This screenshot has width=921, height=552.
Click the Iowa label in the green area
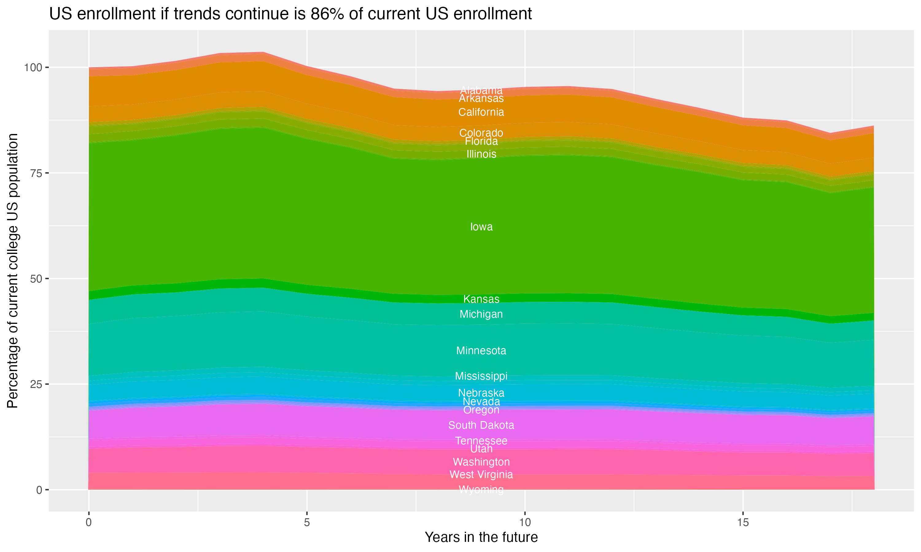coord(481,227)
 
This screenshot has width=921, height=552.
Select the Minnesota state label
coord(481,351)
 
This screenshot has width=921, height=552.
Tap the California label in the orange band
coord(481,112)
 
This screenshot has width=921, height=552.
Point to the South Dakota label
coord(481,425)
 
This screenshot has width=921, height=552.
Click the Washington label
coord(481,462)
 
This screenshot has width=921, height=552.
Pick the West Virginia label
coord(481,475)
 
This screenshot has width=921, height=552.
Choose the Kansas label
coord(481,299)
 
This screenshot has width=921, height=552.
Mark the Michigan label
coord(481,314)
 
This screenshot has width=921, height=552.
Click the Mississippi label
coord(481,376)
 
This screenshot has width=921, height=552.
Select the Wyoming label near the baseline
coord(481,489)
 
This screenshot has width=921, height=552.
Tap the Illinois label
coord(481,154)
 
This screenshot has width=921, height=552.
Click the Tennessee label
coord(481,441)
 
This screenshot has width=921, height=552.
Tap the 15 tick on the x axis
coord(743,523)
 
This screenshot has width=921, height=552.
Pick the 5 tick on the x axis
coord(307,523)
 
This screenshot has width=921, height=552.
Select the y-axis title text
coord(13,270)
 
